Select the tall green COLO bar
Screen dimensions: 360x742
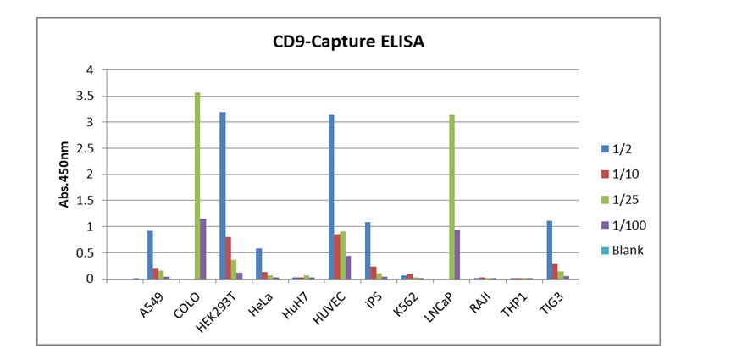point(197,186)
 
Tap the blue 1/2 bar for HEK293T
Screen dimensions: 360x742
point(222,196)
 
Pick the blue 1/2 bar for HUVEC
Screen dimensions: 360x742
point(332,197)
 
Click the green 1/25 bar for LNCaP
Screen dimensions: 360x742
point(453,197)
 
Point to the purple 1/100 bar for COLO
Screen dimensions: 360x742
point(203,249)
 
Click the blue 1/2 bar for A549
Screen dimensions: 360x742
point(150,255)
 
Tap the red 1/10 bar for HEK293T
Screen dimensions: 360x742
point(228,258)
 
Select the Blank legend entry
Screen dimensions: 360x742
point(626,251)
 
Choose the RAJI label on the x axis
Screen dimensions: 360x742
point(480,302)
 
